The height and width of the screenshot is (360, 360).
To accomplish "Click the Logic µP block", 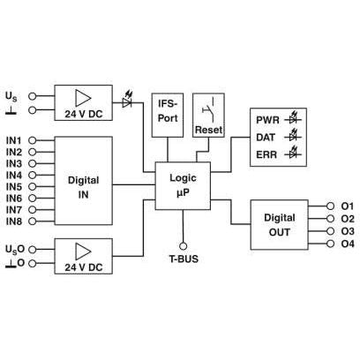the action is (x=183, y=185).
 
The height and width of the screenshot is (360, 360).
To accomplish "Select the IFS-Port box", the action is (x=168, y=115).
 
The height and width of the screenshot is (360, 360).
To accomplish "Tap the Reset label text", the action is (x=208, y=130).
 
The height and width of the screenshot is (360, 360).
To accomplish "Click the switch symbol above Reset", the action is (x=208, y=109).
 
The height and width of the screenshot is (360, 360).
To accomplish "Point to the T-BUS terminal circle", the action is (x=183, y=246).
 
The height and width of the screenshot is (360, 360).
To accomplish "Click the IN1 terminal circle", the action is (x=32, y=140).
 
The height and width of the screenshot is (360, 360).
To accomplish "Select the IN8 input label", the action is (x=14, y=221).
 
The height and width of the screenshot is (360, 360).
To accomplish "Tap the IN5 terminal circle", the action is (x=32, y=186).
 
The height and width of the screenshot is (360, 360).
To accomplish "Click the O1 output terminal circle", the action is (x=330, y=206).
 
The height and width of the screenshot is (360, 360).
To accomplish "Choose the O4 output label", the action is (x=348, y=244).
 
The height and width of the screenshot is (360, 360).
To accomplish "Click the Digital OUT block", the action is (x=279, y=225).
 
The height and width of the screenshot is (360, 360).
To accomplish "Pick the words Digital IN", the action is (x=83, y=187).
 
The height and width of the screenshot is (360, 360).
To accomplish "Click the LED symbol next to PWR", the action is (x=293, y=118).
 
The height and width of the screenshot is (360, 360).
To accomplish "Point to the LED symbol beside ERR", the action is (x=293, y=153).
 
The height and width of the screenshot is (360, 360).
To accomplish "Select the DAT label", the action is (x=266, y=138).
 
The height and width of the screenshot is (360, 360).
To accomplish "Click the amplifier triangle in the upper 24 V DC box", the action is (x=83, y=98).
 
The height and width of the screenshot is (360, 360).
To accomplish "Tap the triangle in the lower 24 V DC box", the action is (x=83, y=251).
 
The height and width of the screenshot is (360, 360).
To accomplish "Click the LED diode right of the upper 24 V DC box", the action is (x=127, y=101).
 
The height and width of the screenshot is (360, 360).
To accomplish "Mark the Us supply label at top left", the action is (x=11, y=96).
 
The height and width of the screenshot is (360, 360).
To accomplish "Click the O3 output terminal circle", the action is (x=330, y=231).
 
